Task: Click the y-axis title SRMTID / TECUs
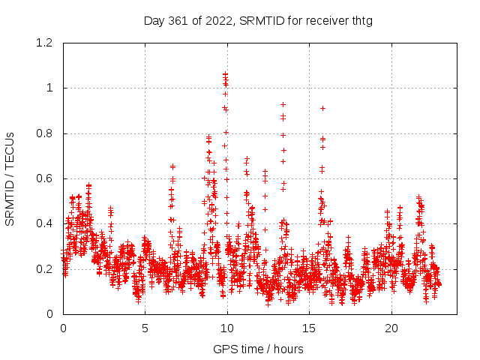pyautogui.click(x=10, y=178)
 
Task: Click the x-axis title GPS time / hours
pyautogui.click(x=258, y=349)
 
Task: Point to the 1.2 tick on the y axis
pyautogui.click(x=46, y=43)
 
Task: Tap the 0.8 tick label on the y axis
pyautogui.click(x=46, y=133)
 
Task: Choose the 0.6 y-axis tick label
pyautogui.click(x=46, y=178)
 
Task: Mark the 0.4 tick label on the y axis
pyautogui.click(x=46, y=223)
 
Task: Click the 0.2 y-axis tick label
pyautogui.click(x=46, y=268)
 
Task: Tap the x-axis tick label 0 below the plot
pyautogui.click(x=63, y=328)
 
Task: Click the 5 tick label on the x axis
pyautogui.click(x=145, y=328)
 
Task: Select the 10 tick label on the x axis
pyautogui.click(x=227, y=328)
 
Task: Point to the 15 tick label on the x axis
pyautogui.click(x=309, y=328)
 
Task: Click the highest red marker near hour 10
pyautogui.click(x=225, y=74)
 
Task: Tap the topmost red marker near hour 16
pyautogui.click(x=322, y=108)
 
